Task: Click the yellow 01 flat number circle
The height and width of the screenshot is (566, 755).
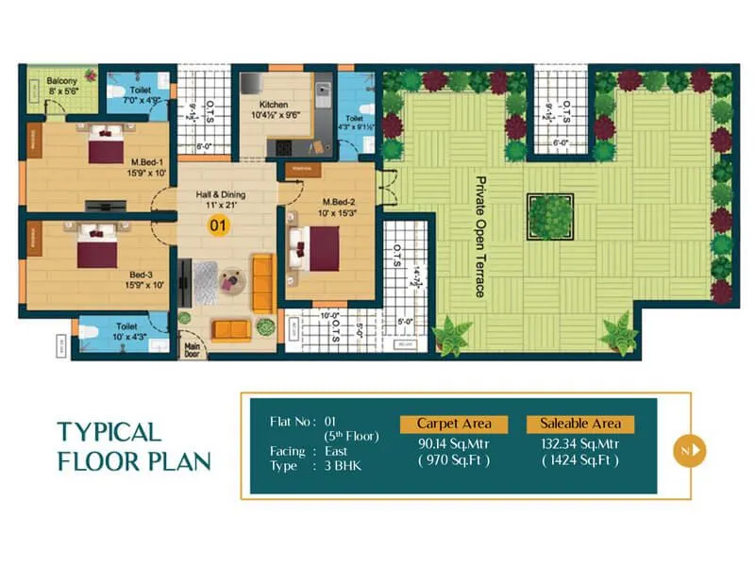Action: click(219, 225)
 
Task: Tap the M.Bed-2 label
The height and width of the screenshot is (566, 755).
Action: click(338, 204)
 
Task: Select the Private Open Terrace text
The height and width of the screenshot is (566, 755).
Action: click(479, 236)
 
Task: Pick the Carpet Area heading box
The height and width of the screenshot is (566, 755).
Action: click(454, 424)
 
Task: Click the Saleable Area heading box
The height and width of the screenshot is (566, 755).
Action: click(580, 424)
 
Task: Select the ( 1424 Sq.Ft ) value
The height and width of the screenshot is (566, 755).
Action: click(580, 460)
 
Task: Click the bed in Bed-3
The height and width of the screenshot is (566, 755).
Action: click(97, 247)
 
